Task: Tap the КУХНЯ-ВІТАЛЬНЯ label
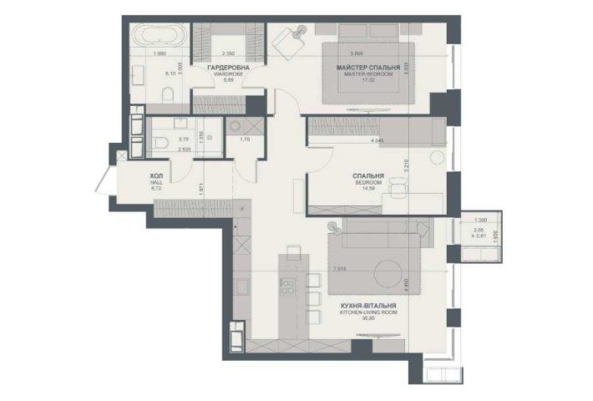[x=368, y=307]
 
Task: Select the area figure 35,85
[x=367, y=321]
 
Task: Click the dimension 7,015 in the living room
[x=339, y=269]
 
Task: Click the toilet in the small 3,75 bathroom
[x=159, y=143]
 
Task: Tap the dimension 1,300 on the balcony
[x=479, y=219]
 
